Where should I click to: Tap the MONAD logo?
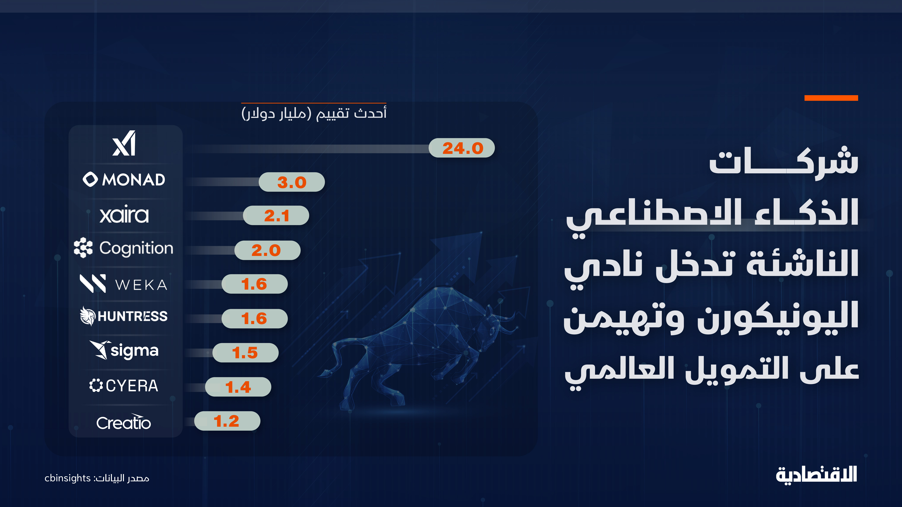click(x=124, y=180)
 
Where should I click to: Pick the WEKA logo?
click(x=124, y=284)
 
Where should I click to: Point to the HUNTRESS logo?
click(x=124, y=316)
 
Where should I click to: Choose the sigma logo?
click(x=124, y=351)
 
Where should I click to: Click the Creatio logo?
click(x=124, y=422)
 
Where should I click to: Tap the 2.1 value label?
click(x=276, y=216)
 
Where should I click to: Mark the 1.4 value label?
click(x=238, y=387)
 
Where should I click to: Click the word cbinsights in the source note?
click(x=68, y=478)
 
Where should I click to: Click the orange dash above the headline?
click(x=831, y=98)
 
